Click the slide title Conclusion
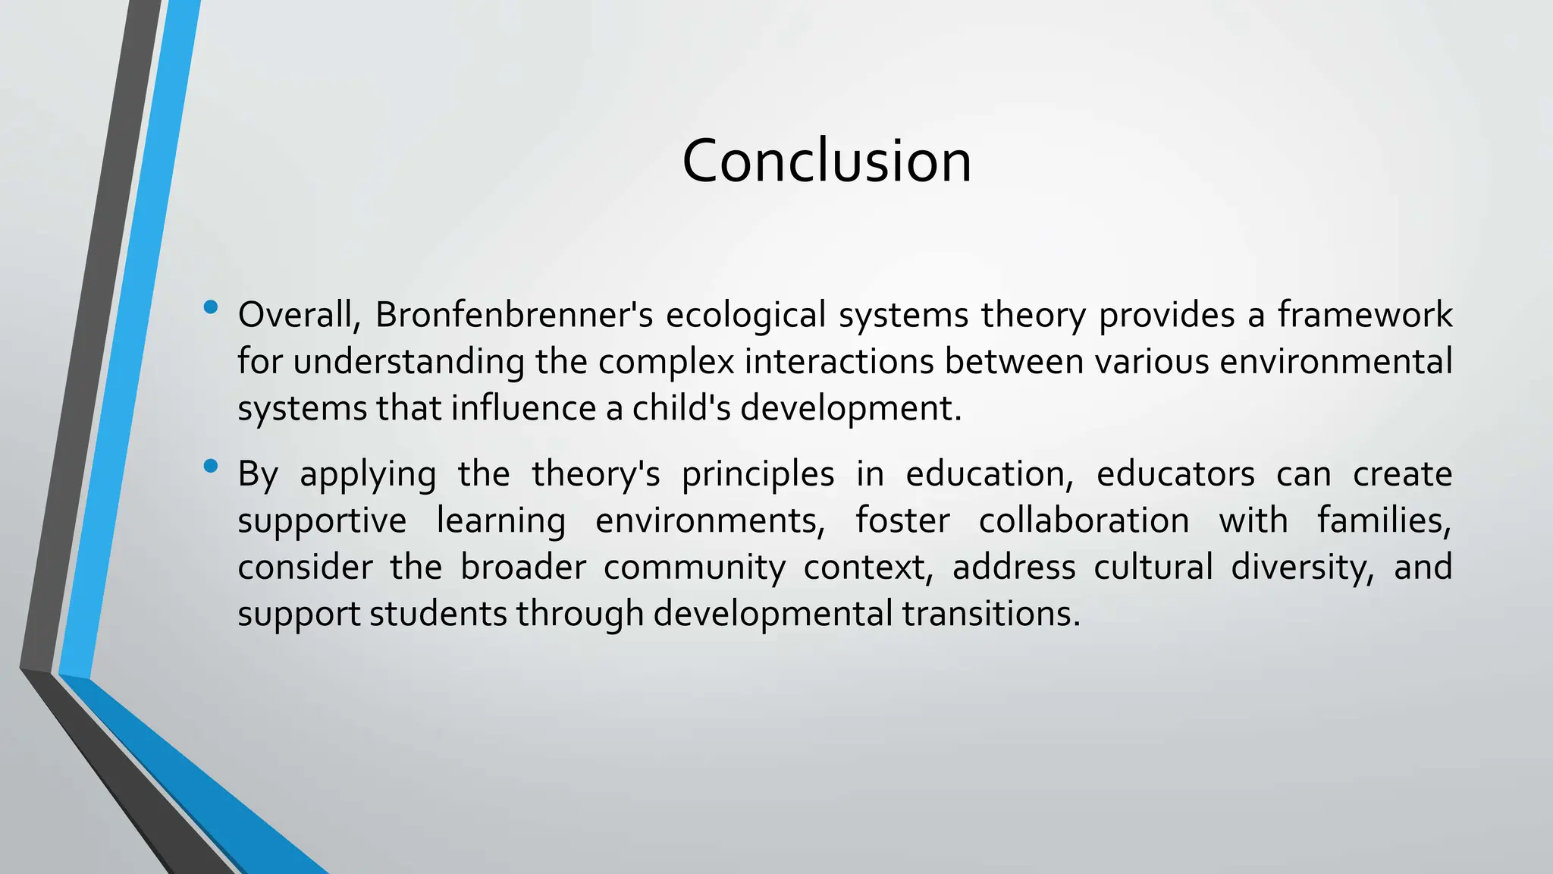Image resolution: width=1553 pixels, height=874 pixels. point(827,161)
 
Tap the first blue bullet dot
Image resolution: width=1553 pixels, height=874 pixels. point(211,307)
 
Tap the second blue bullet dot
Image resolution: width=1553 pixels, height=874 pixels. point(211,466)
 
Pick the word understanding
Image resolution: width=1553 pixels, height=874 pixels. point(409,362)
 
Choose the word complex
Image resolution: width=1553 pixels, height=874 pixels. point(667,362)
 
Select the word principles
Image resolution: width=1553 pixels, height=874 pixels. point(758,475)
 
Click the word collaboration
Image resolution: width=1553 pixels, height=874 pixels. point(1084,521)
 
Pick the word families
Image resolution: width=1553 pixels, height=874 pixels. point(1384,521)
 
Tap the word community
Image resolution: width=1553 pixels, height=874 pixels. point(695,567)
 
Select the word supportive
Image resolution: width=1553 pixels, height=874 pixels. point(322,521)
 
